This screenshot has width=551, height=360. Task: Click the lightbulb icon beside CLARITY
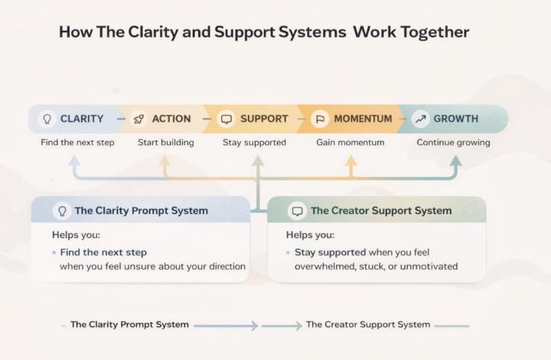pyautogui.click(x=47, y=119)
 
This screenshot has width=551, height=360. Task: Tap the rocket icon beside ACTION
pyautogui.click(x=139, y=119)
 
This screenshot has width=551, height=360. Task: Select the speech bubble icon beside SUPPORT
pyautogui.click(x=226, y=119)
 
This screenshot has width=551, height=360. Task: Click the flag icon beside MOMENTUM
pyautogui.click(x=320, y=119)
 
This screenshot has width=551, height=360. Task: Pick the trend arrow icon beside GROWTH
pyautogui.click(x=419, y=119)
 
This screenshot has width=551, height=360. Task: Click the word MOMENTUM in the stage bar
pyautogui.click(x=363, y=119)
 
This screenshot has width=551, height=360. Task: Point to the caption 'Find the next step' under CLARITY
pyautogui.click(x=77, y=142)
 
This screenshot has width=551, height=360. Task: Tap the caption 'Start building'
pyautogui.click(x=165, y=142)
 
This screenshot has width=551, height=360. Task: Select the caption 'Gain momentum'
pyautogui.click(x=350, y=142)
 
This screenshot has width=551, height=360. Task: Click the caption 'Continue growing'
pyautogui.click(x=453, y=142)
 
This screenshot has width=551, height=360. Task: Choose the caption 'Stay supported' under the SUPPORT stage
pyautogui.click(x=254, y=142)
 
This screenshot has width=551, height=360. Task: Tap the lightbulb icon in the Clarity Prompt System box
pyautogui.click(x=60, y=211)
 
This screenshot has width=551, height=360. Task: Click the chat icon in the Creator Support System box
pyautogui.click(x=296, y=211)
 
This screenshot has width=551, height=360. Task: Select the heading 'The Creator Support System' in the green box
pyautogui.click(x=381, y=211)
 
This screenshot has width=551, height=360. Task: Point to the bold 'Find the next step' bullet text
pyautogui.click(x=103, y=252)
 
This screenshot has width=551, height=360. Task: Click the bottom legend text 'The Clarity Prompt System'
pyautogui.click(x=129, y=325)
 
